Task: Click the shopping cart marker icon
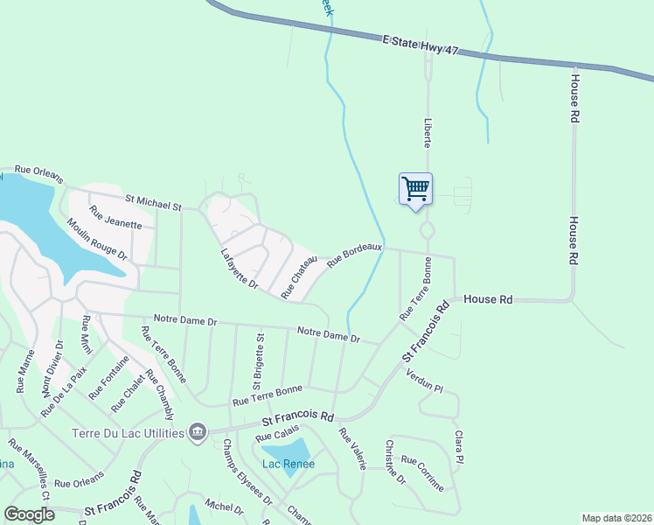[415, 188]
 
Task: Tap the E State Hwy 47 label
[421, 46]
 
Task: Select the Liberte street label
[428, 132]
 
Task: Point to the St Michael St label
[153, 202]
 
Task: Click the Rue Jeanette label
[115, 217]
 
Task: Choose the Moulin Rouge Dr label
[97, 240]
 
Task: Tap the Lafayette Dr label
[240, 268]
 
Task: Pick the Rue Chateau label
[298, 277]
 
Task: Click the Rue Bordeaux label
[355, 255]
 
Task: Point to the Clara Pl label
[457, 446]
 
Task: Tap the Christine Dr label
[395, 461]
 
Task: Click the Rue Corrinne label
[422, 472]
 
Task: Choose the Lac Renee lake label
[289, 464]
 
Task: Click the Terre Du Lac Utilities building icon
[198, 432]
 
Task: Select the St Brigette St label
[259, 360]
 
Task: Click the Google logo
[30, 514]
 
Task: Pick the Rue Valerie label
[351, 449]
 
